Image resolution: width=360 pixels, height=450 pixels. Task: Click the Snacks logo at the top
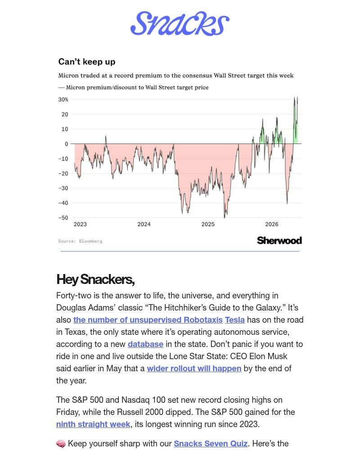180,23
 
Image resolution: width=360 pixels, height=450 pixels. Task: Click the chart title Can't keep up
87,62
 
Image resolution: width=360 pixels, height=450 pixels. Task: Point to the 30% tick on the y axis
63,99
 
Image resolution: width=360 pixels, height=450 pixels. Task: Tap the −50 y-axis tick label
63,217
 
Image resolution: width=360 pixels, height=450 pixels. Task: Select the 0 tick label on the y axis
67,144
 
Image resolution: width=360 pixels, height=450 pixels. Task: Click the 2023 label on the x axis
80,224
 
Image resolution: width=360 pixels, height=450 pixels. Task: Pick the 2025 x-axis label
208,224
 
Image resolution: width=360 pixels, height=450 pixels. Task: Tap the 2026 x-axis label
272,224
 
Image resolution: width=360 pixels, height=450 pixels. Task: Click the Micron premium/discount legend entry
134,87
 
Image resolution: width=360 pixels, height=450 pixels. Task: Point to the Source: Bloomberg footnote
80,241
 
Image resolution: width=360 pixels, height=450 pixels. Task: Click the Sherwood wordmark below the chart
279,240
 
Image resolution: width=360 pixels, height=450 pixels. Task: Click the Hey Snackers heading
95,279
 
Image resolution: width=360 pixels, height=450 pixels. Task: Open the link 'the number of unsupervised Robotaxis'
148,319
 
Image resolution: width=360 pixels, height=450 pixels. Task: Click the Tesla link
235,319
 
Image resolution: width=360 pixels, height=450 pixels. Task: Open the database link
145,344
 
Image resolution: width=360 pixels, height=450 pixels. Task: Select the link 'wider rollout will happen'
194,369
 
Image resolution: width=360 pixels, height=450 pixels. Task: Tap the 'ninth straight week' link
93,424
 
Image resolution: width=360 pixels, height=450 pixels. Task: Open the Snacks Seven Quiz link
211,444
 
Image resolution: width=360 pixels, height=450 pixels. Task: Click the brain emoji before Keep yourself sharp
61,444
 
